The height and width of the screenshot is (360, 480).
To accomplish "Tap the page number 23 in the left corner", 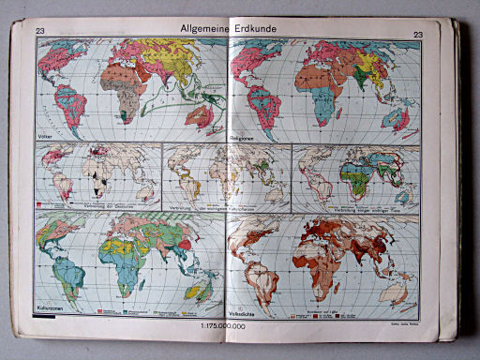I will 40,34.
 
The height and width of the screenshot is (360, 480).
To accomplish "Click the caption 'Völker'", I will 46,136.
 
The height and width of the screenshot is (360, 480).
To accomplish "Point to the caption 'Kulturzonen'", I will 52,305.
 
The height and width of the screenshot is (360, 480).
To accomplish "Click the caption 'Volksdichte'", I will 246,306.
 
